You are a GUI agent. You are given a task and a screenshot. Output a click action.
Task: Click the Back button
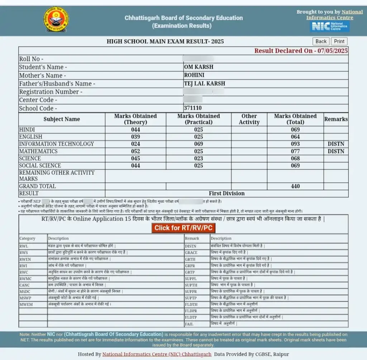[321, 41]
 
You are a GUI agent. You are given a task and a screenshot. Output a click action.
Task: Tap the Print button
[339, 41]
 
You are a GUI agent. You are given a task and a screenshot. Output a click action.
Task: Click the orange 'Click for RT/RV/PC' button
[183, 228]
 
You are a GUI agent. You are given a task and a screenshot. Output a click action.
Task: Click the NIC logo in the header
[330, 26]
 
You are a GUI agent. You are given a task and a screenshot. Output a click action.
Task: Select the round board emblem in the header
[56, 20]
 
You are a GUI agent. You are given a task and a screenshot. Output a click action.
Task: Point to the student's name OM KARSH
[199, 67]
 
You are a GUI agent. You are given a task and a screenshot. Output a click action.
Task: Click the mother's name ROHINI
[194, 75]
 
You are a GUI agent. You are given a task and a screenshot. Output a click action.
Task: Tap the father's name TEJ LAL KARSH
[205, 83]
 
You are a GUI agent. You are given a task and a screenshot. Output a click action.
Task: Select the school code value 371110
[193, 108]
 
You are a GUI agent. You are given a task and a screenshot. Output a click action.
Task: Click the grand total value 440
[295, 186]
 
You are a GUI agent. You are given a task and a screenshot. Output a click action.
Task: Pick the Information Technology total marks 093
[295, 144]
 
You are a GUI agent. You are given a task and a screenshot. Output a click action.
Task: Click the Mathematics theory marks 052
[135, 151]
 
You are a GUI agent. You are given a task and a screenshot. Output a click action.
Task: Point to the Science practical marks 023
[199, 158]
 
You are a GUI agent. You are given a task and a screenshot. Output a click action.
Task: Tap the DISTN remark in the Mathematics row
[336, 151]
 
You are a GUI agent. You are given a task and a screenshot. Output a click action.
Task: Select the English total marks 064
[295, 137]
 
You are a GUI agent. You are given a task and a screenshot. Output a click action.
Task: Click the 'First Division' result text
[227, 193]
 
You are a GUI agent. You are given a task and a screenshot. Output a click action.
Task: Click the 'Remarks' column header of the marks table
[336, 119]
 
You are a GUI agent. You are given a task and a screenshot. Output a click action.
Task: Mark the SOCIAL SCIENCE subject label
[40, 165]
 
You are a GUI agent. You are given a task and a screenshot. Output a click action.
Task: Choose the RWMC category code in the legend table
[25, 278]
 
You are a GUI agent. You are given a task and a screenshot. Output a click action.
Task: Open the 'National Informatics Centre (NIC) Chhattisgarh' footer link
[157, 354]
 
